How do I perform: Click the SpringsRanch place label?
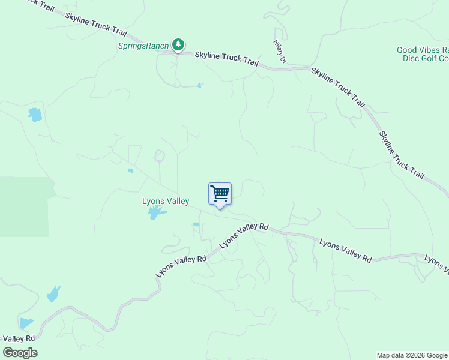click(x=143, y=46)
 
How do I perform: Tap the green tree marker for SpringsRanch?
click(x=178, y=44)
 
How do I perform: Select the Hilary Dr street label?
click(x=279, y=52)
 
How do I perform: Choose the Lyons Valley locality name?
click(x=166, y=202)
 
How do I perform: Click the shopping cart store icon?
click(x=220, y=194)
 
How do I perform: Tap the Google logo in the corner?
click(x=20, y=352)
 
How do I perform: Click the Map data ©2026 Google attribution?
click(x=412, y=355)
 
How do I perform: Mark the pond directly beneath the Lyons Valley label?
click(x=156, y=212)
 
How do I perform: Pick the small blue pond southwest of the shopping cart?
click(x=196, y=224)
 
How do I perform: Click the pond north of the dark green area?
click(x=35, y=114)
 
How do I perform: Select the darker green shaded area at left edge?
click(x=24, y=207)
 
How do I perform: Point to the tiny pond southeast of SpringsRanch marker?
click(x=200, y=85)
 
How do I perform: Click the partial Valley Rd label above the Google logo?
click(x=17, y=338)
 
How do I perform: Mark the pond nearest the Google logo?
click(x=25, y=323)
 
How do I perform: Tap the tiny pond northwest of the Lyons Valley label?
click(x=130, y=170)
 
